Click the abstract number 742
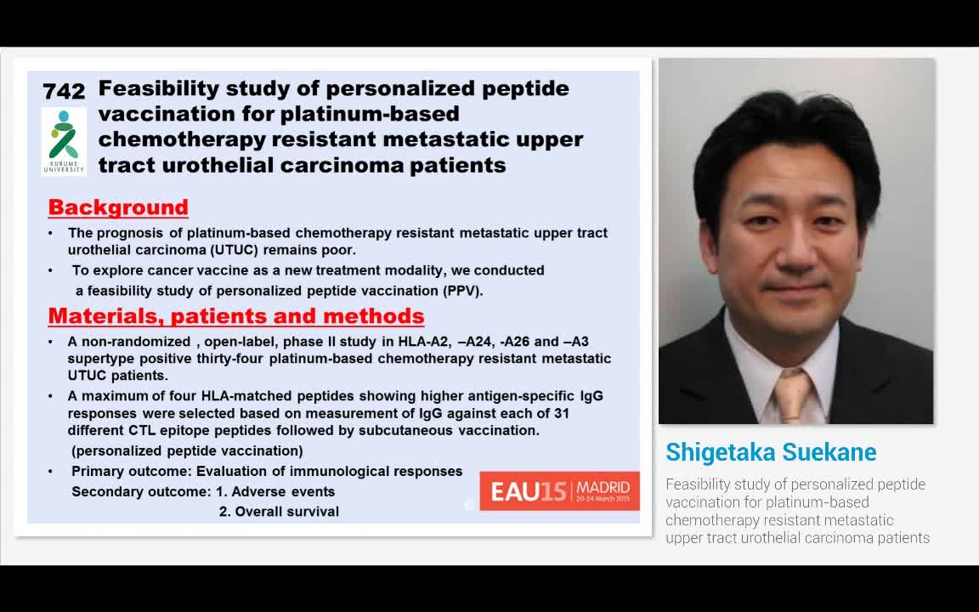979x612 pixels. [x=64, y=92]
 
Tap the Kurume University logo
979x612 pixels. [x=64, y=141]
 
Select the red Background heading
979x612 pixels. [x=118, y=207]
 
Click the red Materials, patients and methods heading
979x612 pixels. [x=236, y=316]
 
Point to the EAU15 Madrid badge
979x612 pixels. [x=559, y=490]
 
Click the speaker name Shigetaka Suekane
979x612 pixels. [x=771, y=451]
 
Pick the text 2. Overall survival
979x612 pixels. [x=279, y=512]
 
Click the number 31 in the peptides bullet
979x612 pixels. [x=561, y=413]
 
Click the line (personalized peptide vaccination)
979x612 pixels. [x=187, y=450]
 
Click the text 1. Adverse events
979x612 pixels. [x=275, y=491]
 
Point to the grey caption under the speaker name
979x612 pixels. [x=797, y=511]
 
